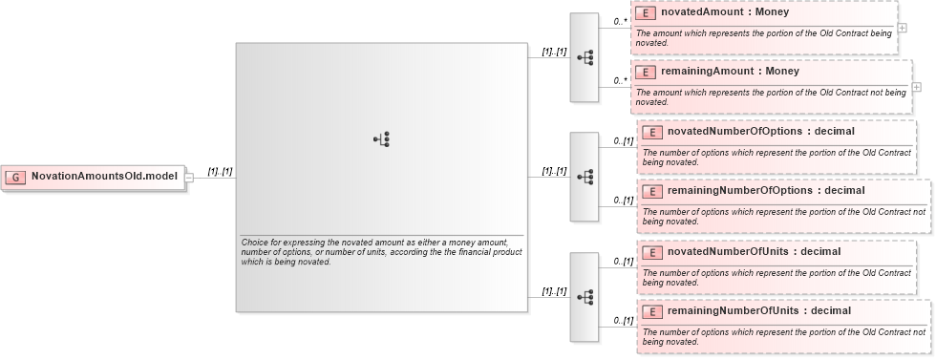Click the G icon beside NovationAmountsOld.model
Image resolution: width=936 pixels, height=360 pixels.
15,177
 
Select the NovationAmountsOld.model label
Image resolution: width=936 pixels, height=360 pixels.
104,177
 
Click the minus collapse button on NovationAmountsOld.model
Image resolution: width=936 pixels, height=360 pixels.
189,177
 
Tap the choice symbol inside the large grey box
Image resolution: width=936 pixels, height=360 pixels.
381,139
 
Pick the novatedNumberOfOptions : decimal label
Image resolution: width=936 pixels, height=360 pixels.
747,132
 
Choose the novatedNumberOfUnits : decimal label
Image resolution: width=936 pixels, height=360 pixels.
740,252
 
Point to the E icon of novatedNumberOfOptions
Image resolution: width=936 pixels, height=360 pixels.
653,132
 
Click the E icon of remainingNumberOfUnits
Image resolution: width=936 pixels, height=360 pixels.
653,311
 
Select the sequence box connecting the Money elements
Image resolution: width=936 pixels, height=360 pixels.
585,57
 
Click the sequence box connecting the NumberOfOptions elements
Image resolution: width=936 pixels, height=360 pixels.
585,177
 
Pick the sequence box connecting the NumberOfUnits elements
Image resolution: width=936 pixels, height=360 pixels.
585,297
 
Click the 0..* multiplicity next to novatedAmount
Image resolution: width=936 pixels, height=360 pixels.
620,21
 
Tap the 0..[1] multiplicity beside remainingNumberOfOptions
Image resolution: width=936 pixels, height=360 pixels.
623,201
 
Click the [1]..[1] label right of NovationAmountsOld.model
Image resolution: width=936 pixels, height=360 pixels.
221,172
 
